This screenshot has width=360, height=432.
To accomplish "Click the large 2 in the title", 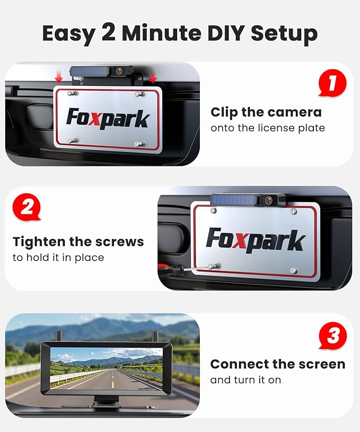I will (x=109, y=32).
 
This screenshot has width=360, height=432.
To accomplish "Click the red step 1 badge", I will (x=332, y=84).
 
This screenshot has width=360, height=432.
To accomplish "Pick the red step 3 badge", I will (x=332, y=336).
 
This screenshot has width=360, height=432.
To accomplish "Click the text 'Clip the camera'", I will (x=266, y=112).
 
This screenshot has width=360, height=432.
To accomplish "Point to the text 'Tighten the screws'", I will (x=78, y=242).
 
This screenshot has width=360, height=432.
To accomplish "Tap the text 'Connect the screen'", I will (x=277, y=364).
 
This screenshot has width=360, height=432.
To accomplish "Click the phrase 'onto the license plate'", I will (x=267, y=128).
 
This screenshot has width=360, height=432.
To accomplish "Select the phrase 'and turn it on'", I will (x=245, y=380).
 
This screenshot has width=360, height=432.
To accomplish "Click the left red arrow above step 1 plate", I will (x=59, y=77).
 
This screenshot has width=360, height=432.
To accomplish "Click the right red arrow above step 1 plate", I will (x=153, y=77).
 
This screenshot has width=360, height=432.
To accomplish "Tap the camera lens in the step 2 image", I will (x=269, y=200).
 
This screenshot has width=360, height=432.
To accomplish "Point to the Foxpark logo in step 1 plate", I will (x=108, y=118).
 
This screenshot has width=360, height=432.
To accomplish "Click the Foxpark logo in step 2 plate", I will (x=256, y=240).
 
